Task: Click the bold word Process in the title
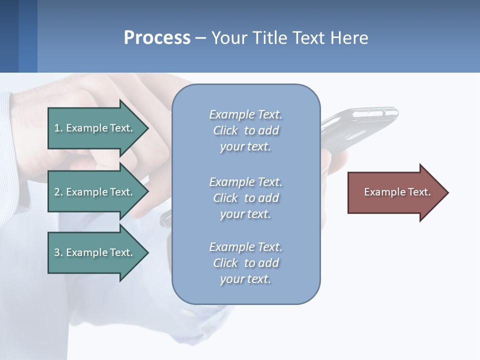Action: tap(157, 38)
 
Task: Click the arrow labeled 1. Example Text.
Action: tap(95, 128)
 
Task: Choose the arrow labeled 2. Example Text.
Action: tap(95, 192)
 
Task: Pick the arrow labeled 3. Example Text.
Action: tap(95, 252)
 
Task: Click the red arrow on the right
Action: tap(395, 192)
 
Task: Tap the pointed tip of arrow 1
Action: tap(147, 128)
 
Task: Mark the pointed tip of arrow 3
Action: tap(147, 252)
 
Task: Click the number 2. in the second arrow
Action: tap(58, 192)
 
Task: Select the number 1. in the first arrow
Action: tap(58, 128)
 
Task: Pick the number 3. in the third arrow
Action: tap(58, 252)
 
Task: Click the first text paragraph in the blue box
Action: tap(246, 130)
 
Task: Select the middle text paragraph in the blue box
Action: tap(246, 198)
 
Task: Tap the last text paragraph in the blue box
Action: tap(246, 263)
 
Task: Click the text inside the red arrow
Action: tap(397, 192)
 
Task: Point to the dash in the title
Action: tap(200, 38)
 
